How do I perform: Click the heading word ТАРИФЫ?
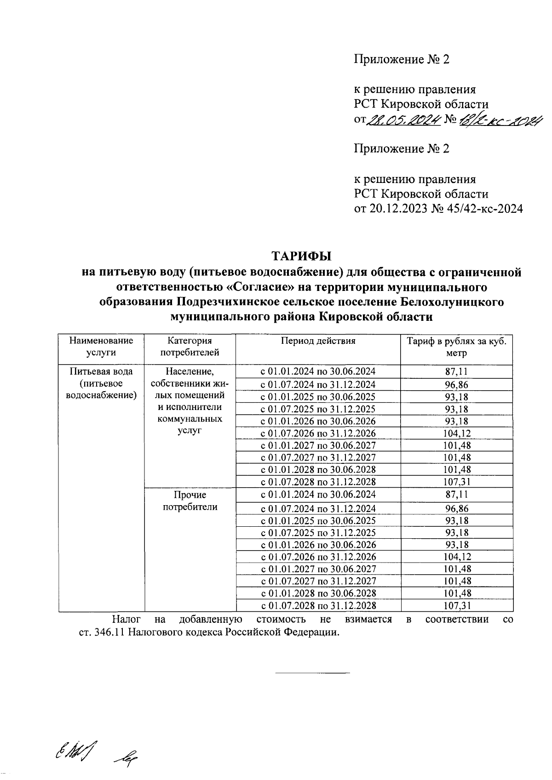[301, 256]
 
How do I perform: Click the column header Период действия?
[318, 341]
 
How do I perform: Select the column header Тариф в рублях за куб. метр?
[456, 347]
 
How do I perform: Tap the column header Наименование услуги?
[101, 347]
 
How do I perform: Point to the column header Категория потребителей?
[190, 347]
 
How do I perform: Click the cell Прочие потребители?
[190, 501]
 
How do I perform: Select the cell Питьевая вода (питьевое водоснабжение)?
[101, 383]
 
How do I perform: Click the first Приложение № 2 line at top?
[402, 59]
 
